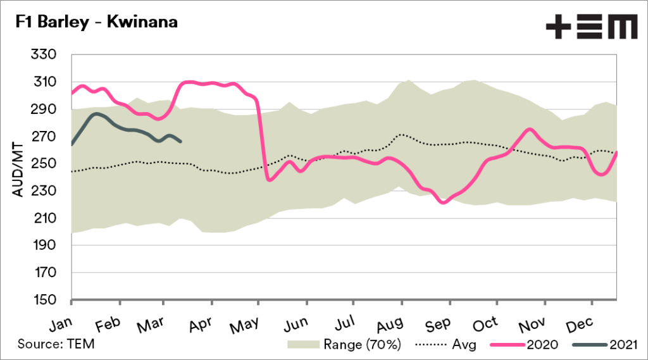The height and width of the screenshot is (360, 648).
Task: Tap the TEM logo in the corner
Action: [592, 27]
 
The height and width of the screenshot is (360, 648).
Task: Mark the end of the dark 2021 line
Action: [181, 141]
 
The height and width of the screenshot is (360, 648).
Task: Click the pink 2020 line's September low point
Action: [444, 202]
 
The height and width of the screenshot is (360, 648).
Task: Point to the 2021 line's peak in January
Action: [96, 114]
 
